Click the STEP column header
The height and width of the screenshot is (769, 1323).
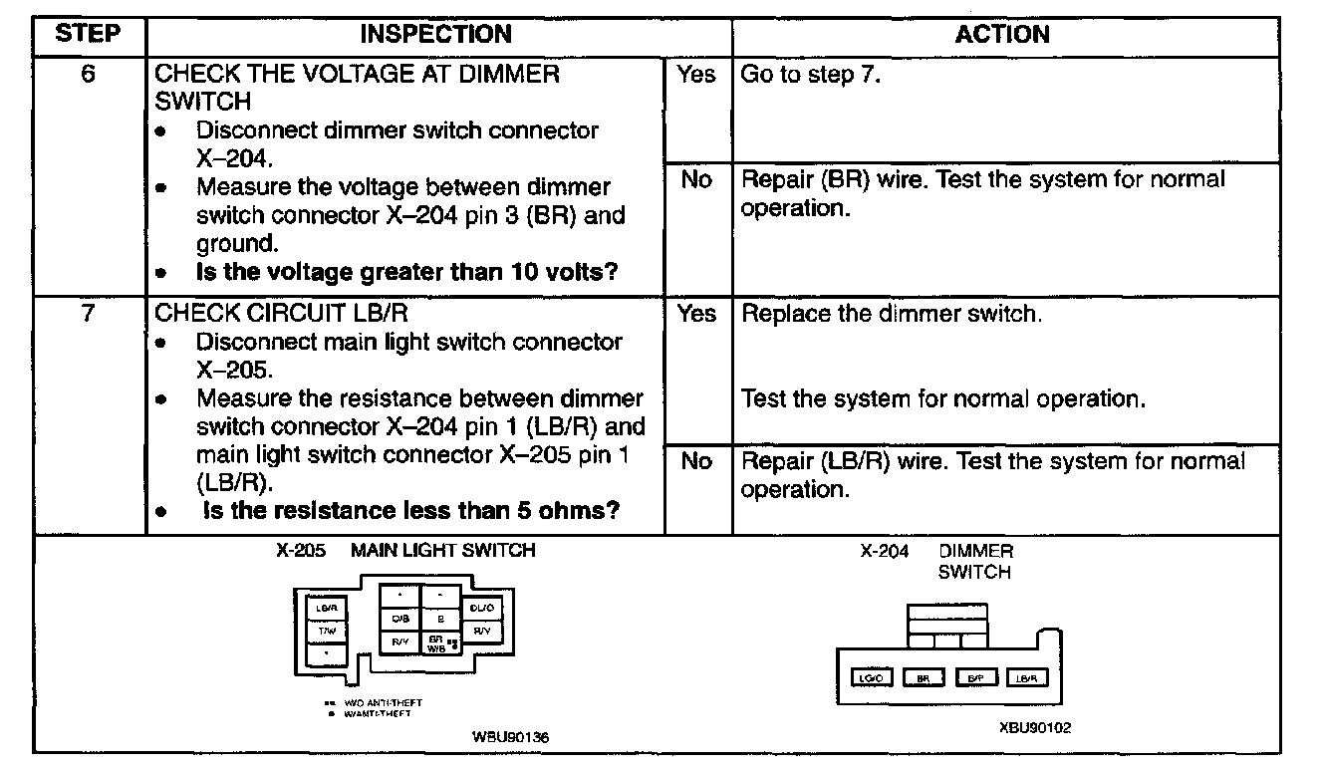pyautogui.click(x=88, y=35)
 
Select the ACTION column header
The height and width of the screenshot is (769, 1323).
pyautogui.click(x=1003, y=35)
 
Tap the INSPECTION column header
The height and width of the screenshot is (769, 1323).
pyautogui.click(x=435, y=35)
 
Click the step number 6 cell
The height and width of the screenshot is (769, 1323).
pyautogui.click(x=88, y=74)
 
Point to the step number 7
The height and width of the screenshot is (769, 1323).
pyautogui.click(x=88, y=314)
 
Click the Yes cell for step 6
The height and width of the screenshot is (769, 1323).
pyautogui.click(x=696, y=75)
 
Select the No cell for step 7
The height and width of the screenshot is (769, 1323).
pyautogui.click(x=696, y=461)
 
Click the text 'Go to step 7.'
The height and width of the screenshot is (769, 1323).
pyautogui.click(x=811, y=75)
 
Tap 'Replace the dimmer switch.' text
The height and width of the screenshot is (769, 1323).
pyautogui.click(x=892, y=314)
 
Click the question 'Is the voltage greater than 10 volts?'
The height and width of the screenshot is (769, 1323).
pyautogui.click(x=406, y=273)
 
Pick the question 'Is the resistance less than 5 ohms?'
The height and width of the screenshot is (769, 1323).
pyautogui.click(x=411, y=511)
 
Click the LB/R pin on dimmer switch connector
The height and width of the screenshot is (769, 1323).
pyautogui.click(x=1026, y=678)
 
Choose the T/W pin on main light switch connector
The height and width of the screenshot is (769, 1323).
pyautogui.click(x=327, y=631)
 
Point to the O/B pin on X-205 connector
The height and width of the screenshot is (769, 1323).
pyautogui.click(x=399, y=619)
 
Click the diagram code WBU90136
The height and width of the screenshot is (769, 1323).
pyautogui.click(x=511, y=738)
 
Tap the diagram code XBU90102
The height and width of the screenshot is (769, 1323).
pyautogui.click(x=1035, y=728)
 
